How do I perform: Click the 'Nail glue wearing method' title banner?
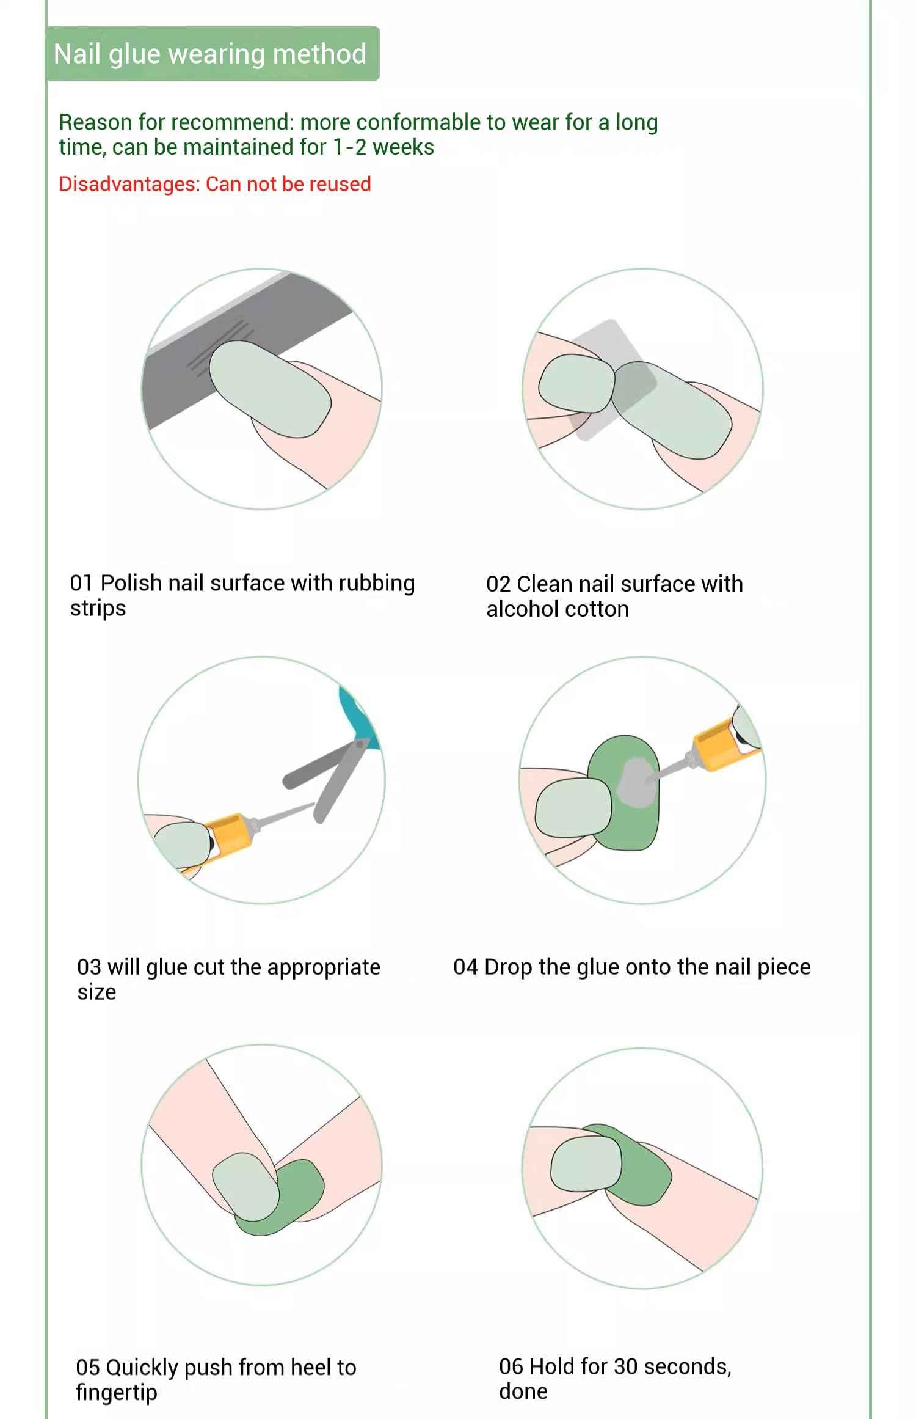click(213, 54)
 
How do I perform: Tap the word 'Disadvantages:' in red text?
click(129, 184)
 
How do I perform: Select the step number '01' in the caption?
click(81, 583)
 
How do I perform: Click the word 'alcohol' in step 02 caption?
click(527, 609)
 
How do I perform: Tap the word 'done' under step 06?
click(523, 1391)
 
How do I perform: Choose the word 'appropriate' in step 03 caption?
click(324, 967)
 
